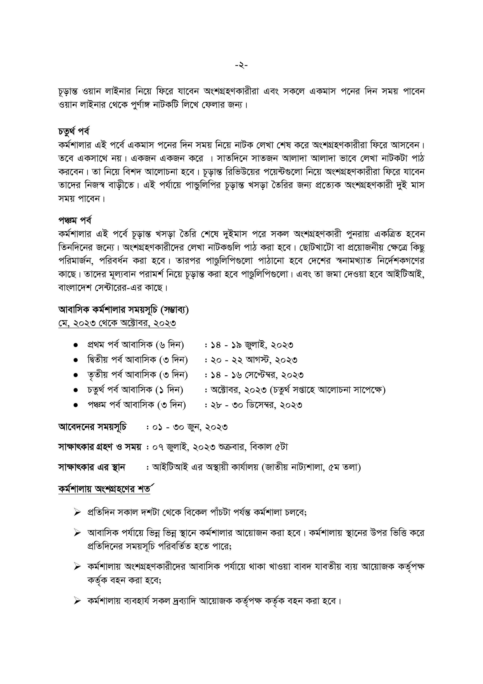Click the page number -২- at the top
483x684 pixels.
(241, 65)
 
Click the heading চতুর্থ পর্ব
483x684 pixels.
(74, 131)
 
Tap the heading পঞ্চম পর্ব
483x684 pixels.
(75, 220)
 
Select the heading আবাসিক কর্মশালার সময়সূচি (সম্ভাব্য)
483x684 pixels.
(123, 310)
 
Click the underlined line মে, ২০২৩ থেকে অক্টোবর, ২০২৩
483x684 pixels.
(117, 323)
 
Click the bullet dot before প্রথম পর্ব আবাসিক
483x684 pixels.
(75, 345)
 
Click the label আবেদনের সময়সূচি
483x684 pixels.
(92, 427)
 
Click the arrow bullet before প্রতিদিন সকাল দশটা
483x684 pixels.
(77, 512)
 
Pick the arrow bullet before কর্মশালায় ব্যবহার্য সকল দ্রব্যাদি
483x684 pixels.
(77, 601)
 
